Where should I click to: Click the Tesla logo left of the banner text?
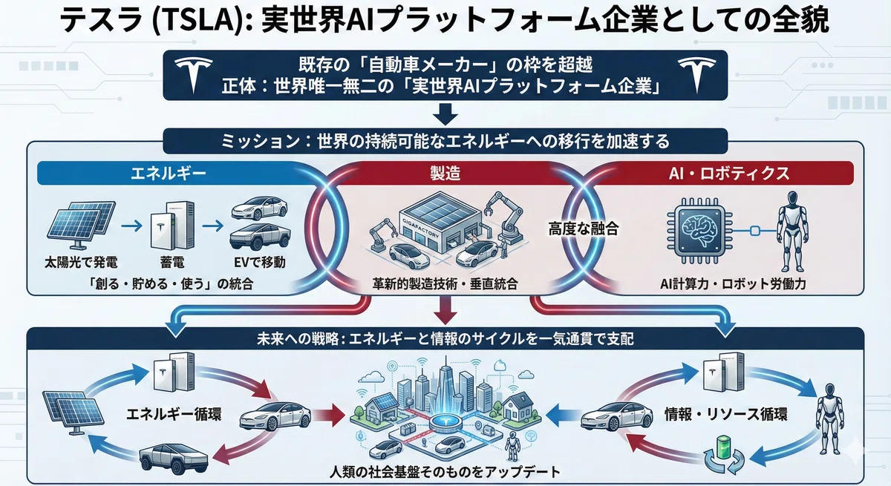[x=194, y=74]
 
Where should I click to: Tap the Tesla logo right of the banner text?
[x=697, y=74]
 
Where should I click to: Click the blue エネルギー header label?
[x=169, y=174]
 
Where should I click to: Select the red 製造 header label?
[x=445, y=174]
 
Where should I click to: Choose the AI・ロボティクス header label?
[x=729, y=174]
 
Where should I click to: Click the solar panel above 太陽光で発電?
[x=81, y=225]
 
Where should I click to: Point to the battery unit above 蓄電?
[x=172, y=225]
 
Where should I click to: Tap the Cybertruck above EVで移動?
[x=260, y=237]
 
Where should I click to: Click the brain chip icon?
[x=699, y=231]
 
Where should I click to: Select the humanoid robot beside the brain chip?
[x=793, y=231]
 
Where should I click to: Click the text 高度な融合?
[x=583, y=229]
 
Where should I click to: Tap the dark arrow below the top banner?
[x=445, y=114]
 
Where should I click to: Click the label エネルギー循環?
[x=174, y=415]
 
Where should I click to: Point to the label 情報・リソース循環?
[x=725, y=415]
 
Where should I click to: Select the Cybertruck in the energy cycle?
[x=174, y=460]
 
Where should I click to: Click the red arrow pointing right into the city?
[x=328, y=416]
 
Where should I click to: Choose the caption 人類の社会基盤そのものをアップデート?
[x=445, y=472]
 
